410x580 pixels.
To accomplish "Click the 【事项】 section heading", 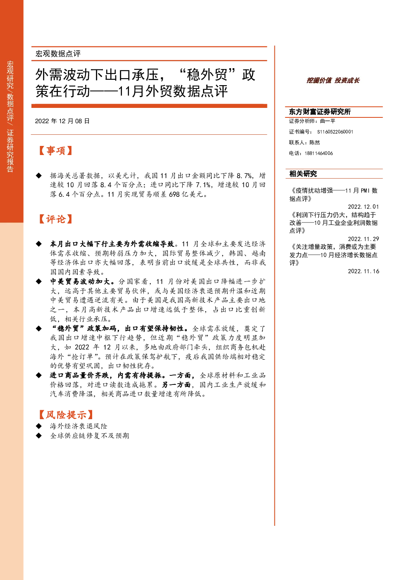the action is (x=55, y=150).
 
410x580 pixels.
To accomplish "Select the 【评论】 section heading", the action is (x=55, y=219).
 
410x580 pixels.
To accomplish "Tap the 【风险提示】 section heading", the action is (x=66, y=415).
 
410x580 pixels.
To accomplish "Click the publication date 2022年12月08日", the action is (x=62, y=121).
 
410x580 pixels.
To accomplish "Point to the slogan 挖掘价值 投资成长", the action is (x=333, y=81).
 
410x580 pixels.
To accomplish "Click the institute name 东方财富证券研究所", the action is (x=319, y=112).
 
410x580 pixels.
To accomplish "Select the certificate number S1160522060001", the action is (x=335, y=132).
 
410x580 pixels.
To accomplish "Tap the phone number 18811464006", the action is (x=319, y=153).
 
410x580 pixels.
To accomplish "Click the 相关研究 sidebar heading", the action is (x=303, y=174).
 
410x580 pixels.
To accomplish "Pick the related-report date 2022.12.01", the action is (x=363, y=207).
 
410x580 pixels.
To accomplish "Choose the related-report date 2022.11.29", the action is (x=363, y=239).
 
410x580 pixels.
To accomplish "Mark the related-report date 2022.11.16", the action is (x=363, y=271).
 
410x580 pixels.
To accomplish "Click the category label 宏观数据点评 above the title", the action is (x=58, y=54).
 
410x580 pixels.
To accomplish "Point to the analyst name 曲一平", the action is (x=327, y=121).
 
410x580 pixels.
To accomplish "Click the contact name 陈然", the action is (x=315, y=142).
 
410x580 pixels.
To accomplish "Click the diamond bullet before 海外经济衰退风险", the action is (x=39, y=426).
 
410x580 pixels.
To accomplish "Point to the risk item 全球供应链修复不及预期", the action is (x=90, y=436).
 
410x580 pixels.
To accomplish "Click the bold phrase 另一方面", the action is (x=176, y=385).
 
